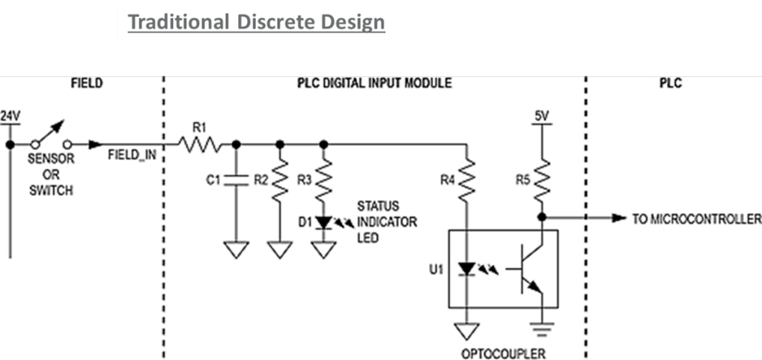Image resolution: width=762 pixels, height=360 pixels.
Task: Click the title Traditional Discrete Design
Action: coord(256,22)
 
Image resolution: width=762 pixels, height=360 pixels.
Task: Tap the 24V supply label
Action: coord(10,116)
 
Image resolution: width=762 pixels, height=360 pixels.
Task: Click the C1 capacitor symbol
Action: coord(237,180)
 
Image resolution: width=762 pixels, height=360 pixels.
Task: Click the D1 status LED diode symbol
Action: coord(324,222)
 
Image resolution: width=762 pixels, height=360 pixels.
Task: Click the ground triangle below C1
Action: coord(237,249)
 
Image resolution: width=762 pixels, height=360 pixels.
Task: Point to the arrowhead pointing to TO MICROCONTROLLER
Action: coord(618,218)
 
